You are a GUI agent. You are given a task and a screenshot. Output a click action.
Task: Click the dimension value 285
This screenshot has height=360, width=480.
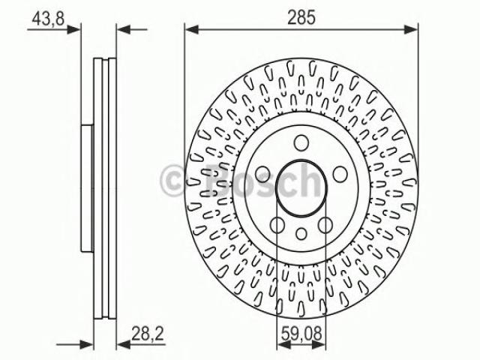coord(301,17)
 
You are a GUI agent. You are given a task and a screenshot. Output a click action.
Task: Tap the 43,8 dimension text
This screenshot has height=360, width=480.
coord(48,18)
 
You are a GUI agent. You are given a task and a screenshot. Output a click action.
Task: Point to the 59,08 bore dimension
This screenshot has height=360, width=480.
coord(301,333)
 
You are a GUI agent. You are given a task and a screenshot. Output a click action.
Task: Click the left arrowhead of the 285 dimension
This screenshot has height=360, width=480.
coord(192,30)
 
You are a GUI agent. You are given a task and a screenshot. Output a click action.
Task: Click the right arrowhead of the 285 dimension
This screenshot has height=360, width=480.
coord(411,30)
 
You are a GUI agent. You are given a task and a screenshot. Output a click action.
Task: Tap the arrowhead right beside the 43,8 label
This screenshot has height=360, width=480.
coord(73,30)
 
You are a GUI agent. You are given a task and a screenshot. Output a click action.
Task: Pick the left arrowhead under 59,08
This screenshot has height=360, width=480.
coord(283,345)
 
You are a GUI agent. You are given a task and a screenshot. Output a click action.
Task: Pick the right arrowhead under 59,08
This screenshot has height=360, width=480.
coord(319,345)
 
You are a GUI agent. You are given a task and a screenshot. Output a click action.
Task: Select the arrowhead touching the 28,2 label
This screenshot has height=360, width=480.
coord(123,345)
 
